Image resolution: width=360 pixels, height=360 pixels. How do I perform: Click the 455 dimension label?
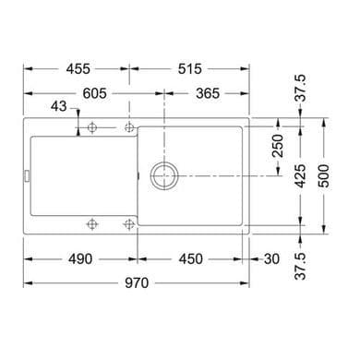[78, 69]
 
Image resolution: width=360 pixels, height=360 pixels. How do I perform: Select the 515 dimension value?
[190, 69]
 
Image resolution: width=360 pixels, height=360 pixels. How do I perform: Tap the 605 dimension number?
[95, 93]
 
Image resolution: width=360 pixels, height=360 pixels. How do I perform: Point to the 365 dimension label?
[208, 93]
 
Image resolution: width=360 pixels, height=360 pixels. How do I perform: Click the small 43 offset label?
[59, 106]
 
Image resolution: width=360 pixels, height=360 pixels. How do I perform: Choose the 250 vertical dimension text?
[278, 146]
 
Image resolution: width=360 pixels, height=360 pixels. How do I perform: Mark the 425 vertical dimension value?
[300, 175]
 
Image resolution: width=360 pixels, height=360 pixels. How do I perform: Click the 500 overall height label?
[323, 175]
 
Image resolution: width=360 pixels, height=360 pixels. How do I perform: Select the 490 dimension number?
[80, 259]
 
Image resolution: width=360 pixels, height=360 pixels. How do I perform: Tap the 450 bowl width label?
[191, 259]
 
